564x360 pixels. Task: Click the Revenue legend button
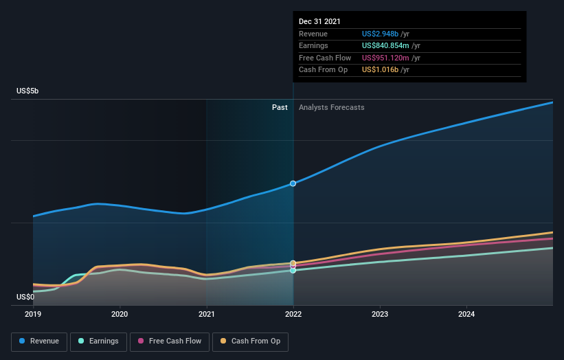[x=39, y=341]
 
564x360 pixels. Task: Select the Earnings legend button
[x=98, y=341]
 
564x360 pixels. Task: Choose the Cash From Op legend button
[x=250, y=341]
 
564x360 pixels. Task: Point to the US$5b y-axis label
[x=28, y=91]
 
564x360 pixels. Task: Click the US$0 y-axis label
[x=25, y=297]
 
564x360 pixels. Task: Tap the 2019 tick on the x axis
[x=33, y=314]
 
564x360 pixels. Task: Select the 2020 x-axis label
[x=120, y=314]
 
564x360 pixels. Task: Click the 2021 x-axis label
[x=206, y=314]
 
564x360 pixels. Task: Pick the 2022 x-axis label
[x=293, y=314]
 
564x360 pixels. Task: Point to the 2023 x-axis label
[x=380, y=314]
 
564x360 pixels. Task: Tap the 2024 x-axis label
[x=466, y=314]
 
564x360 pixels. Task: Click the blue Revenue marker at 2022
[x=293, y=183]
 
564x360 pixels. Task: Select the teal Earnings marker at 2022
[x=293, y=271]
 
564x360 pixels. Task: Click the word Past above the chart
[x=280, y=107]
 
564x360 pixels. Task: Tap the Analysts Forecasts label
[x=331, y=107]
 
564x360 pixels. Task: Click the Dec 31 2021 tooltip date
[x=319, y=22]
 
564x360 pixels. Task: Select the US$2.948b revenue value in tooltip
[x=385, y=34]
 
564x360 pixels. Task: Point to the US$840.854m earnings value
[x=391, y=46]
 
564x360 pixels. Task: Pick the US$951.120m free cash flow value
[x=390, y=58]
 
